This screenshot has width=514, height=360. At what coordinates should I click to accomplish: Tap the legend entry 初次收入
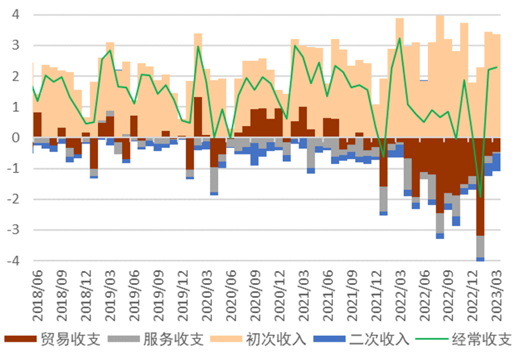277,339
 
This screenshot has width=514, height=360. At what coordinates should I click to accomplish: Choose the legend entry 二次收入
379,339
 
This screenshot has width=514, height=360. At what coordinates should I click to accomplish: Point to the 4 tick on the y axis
15,15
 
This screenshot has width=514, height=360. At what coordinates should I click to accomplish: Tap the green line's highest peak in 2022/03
399,38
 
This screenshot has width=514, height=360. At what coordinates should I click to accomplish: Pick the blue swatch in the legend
328,339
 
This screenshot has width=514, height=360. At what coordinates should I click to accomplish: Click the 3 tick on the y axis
15,46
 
